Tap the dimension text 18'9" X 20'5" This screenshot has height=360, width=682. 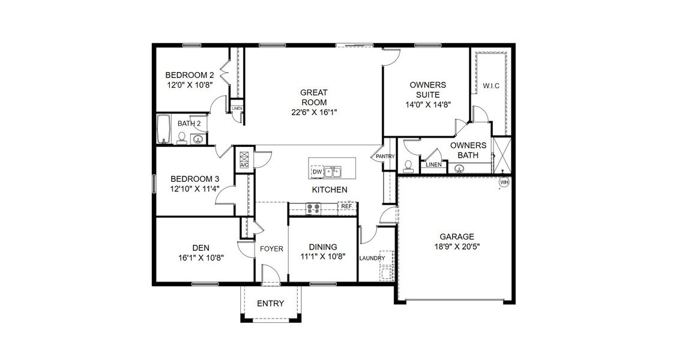point(456,246)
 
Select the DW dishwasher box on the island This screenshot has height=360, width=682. point(318,172)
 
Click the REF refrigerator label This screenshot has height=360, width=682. point(346,206)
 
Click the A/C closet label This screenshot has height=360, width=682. point(244,164)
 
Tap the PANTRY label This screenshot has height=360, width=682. point(385,157)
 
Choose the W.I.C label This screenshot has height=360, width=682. point(491,86)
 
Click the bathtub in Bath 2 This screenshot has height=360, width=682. point(163,130)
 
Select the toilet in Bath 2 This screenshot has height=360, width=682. point(181,139)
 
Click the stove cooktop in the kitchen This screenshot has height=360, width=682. point(313,208)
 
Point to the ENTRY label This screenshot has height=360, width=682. point(270,304)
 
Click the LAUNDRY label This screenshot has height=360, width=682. point(372,259)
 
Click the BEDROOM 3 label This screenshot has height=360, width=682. point(195,179)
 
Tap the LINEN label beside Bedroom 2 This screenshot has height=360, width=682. point(237,109)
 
